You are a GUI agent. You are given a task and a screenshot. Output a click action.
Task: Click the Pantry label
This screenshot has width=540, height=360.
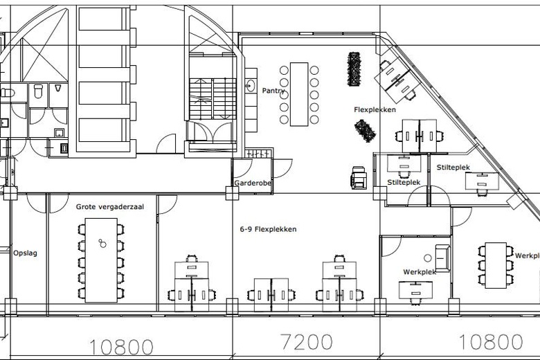pyautogui.click(x=273, y=91)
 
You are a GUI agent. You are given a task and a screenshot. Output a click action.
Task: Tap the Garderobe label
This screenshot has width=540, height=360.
pyautogui.click(x=253, y=183)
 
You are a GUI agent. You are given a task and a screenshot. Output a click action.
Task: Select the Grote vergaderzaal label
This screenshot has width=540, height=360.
pyautogui.click(x=110, y=207)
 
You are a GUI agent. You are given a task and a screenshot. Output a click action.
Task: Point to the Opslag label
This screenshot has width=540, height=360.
pyautogui.click(x=25, y=253)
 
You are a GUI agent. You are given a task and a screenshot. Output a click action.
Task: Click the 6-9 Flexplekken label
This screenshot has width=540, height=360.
pyautogui.click(x=269, y=229)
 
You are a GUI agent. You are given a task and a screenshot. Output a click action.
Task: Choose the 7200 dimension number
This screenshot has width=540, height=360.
pyautogui.click(x=307, y=342)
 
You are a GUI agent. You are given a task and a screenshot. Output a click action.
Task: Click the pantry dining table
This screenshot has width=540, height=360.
pyautogui.click(x=299, y=94)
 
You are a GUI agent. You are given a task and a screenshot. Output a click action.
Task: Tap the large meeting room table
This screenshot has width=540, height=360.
pyautogui.click(x=101, y=260)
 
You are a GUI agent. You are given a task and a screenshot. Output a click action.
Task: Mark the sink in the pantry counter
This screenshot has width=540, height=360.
pyautogui.click(x=251, y=85)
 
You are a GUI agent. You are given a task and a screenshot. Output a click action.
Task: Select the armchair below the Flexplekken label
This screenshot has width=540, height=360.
pyautogui.click(x=359, y=177)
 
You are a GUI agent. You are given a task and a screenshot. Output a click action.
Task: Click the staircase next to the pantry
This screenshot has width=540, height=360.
pyautogui.click(x=213, y=99)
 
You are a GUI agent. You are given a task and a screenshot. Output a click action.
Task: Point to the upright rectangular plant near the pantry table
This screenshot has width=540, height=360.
pyautogui.click(x=354, y=69)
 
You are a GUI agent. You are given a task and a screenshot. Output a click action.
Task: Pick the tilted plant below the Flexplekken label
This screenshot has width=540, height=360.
pyautogui.click(x=365, y=131)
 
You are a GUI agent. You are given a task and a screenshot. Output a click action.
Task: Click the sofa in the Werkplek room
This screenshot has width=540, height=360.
pyautogui.click(x=442, y=258)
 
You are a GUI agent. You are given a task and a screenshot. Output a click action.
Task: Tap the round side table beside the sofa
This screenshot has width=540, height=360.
pyautogui.click(x=427, y=258)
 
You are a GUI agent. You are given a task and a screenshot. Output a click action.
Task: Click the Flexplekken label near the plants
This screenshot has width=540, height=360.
pyautogui.click(x=375, y=109)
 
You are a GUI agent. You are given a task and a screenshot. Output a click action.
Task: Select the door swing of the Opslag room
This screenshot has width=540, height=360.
pyautogui.click(x=36, y=204)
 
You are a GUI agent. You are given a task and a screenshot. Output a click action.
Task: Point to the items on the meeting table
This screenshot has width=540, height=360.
pyautogui.click(x=102, y=243)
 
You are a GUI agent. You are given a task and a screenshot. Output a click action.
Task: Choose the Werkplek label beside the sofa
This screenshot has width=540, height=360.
pyautogui.click(x=420, y=272)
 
